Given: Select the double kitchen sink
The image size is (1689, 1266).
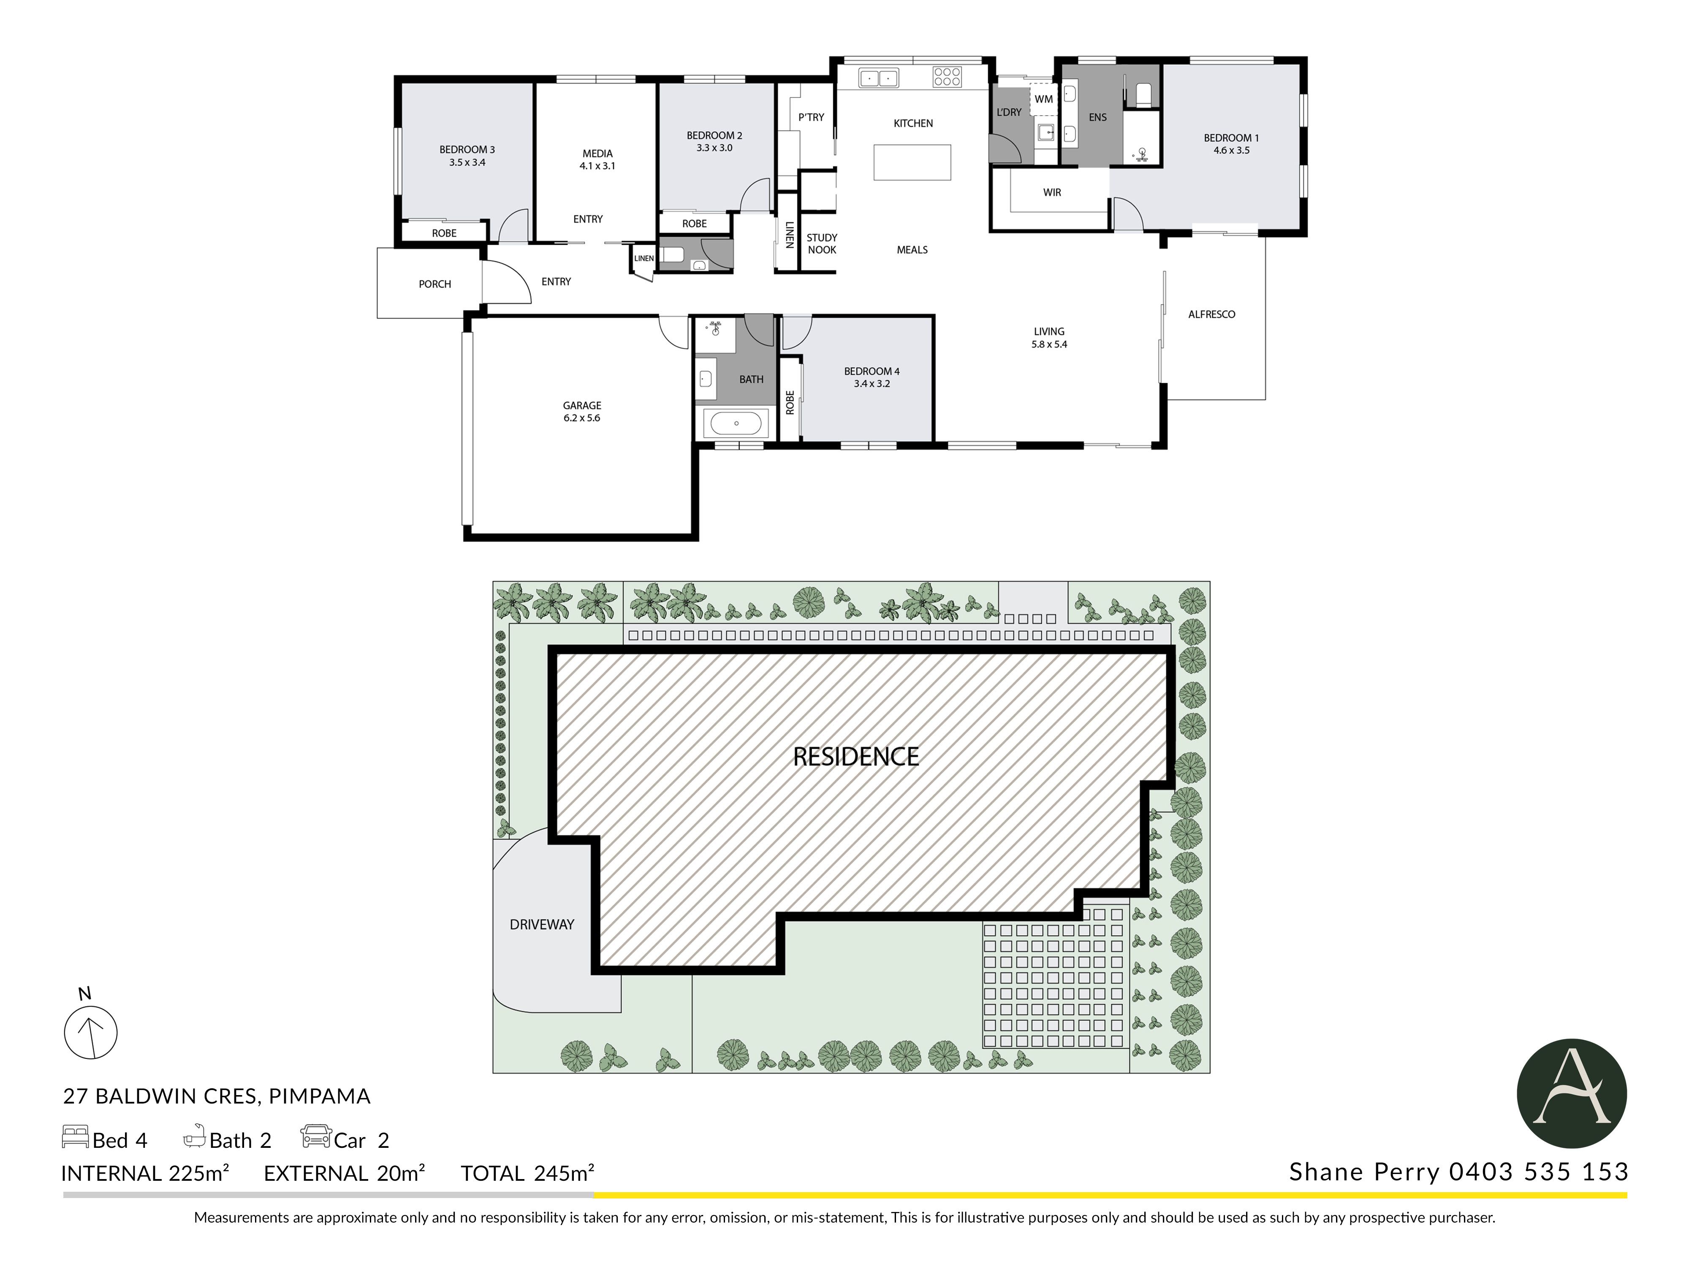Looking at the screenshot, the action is (878, 78).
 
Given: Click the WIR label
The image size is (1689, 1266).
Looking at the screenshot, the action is (1052, 192).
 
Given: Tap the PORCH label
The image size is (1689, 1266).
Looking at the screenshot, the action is (434, 284).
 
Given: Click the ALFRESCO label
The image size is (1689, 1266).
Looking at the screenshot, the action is (1212, 314).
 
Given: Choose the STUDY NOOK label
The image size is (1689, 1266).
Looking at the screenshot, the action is (822, 243).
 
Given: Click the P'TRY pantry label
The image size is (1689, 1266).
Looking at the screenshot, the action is (811, 117).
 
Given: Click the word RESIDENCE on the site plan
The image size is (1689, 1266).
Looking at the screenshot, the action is (856, 757).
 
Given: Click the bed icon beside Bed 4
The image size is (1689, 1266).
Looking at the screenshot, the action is (75, 1137).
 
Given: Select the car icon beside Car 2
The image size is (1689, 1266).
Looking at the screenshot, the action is (315, 1136).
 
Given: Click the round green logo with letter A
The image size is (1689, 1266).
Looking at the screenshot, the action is (1572, 1093).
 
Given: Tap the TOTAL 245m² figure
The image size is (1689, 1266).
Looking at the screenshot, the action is (527, 1173).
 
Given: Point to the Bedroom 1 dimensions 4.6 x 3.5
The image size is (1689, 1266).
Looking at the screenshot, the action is (1232, 150).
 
